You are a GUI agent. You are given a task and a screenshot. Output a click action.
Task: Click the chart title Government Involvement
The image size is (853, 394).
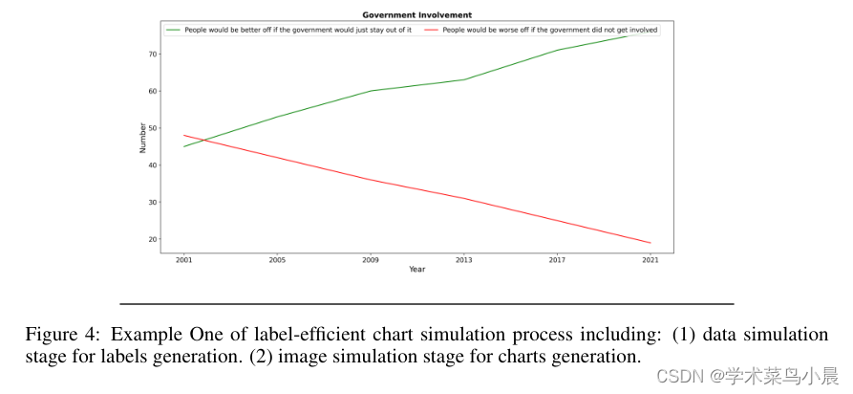point(416,15)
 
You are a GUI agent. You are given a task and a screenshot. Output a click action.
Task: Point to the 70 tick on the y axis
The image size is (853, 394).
point(151,55)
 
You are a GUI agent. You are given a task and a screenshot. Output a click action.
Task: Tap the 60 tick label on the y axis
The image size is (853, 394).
point(151,92)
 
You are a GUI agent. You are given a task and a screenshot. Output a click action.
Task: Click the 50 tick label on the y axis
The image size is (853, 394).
point(151,128)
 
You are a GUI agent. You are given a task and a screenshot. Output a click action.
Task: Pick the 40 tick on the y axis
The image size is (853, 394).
point(151,165)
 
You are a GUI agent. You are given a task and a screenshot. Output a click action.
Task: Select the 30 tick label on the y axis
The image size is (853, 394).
point(151,203)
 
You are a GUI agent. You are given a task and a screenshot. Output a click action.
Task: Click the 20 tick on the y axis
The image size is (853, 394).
point(151,240)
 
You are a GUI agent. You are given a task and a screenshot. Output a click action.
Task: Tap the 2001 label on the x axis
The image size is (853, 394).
point(183,259)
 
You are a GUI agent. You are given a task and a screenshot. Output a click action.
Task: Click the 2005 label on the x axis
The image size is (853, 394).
point(277,259)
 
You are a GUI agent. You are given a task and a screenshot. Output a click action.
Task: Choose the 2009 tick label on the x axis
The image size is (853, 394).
point(371,259)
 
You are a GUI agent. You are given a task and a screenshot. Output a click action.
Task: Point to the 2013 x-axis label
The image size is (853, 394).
point(463,259)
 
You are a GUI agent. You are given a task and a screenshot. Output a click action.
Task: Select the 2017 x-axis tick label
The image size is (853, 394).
point(557,259)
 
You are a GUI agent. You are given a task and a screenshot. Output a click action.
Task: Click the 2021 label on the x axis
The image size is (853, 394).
point(650,259)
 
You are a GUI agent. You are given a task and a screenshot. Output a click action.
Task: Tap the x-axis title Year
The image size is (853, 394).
point(416,270)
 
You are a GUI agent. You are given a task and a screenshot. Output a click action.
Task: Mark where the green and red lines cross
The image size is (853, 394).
point(202,141)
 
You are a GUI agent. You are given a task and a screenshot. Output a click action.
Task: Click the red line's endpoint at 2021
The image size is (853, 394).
point(650,243)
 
